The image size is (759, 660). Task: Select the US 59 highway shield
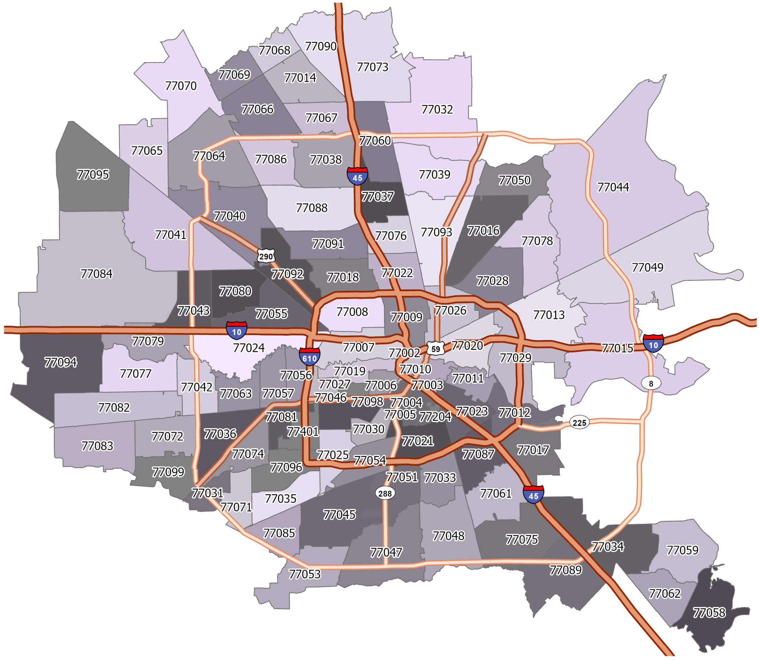(x=436, y=348)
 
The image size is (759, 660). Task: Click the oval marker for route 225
(x=579, y=423)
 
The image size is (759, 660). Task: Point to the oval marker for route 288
(x=385, y=493)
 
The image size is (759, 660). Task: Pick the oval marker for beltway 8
(x=651, y=383)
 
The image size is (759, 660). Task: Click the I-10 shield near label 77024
(x=236, y=330)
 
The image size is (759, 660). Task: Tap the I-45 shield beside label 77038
(x=357, y=176)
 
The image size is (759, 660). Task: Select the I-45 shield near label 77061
(x=533, y=495)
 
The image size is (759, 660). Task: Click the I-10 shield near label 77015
(x=653, y=344)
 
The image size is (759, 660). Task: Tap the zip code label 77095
(x=93, y=175)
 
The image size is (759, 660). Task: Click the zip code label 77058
(x=709, y=613)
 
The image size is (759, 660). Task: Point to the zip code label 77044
(x=613, y=187)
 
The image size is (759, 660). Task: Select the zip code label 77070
(x=181, y=86)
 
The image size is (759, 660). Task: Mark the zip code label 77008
(x=352, y=312)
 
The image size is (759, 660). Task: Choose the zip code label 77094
(x=61, y=362)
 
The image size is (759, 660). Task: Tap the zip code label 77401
(x=303, y=431)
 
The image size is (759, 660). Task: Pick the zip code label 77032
(x=437, y=109)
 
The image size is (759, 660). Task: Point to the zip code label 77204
(x=435, y=417)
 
